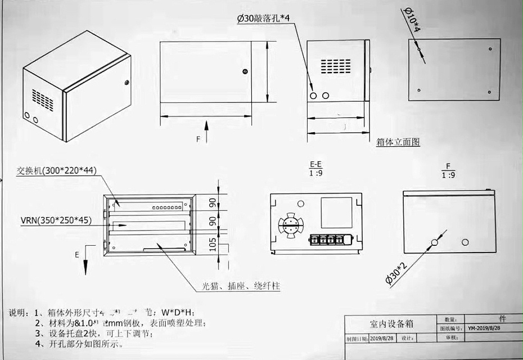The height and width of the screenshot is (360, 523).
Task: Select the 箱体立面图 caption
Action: (x=398, y=142)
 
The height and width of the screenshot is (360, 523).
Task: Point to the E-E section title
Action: (x=315, y=164)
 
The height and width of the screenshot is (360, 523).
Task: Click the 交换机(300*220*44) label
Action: (x=55, y=170)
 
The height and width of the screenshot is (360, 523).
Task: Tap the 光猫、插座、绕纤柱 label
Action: (x=241, y=286)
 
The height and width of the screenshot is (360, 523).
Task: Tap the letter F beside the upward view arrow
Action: (x=197, y=138)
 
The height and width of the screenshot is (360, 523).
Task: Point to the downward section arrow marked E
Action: (x=85, y=261)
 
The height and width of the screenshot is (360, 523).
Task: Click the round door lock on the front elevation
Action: (x=245, y=71)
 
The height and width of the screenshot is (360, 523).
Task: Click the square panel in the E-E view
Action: (x=336, y=213)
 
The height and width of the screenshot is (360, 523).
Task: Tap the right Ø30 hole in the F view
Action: (x=465, y=242)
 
